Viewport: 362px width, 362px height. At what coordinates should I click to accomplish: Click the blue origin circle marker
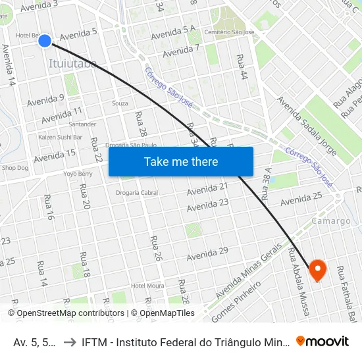pyautogui.click(x=45, y=41)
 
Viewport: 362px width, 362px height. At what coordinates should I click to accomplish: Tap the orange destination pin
pyautogui.click(x=317, y=269)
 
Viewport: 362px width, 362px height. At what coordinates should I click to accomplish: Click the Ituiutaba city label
pyautogui.click(x=73, y=64)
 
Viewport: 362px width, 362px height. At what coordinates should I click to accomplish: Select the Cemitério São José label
pyautogui.click(x=229, y=32)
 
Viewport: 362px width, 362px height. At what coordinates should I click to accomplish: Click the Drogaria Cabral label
pyautogui.click(x=137, y=193)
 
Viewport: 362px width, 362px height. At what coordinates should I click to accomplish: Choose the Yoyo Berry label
pyautogui.click(x=78, y=174)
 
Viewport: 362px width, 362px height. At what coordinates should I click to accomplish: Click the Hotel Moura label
pyautogui.click(x=147, y=285)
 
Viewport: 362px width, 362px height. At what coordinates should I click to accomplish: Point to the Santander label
pyautogui.click(x=82, y=124)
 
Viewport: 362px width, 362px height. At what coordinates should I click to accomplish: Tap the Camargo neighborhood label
pyautogui.click(x=331, y=221)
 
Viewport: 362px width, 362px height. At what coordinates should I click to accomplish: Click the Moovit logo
pyautogui.click(x=323, y=341)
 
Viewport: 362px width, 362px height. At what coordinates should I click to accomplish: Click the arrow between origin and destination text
pyautogui.click(x=69, y=342)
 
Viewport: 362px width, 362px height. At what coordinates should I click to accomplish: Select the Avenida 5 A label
pyautogui.click(x=173, y=31)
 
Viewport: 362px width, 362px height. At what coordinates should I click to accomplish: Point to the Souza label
pyautogui.click(x=120, y=103)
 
